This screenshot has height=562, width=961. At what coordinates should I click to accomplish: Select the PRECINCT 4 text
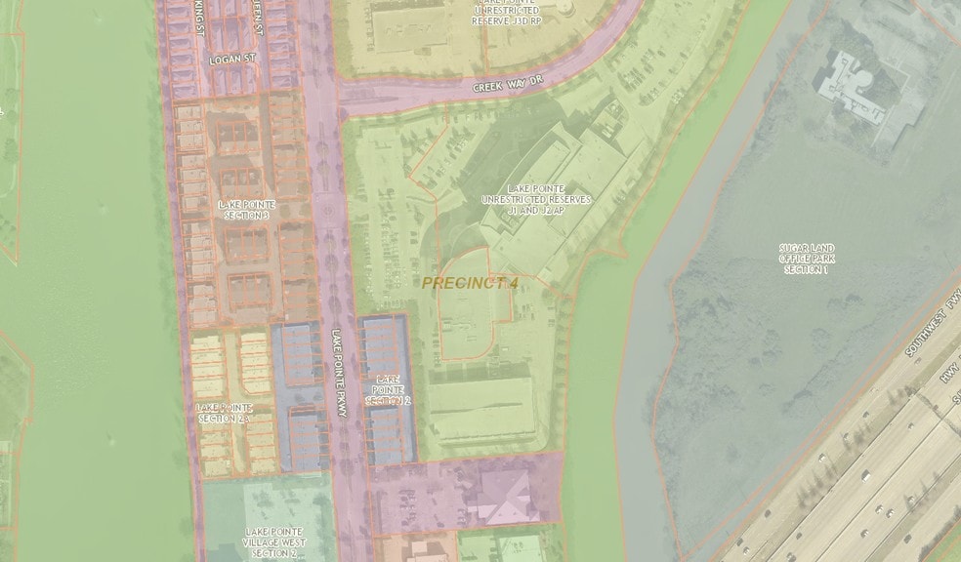pos(470,283)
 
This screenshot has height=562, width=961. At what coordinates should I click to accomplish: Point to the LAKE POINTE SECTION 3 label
pos(246,210)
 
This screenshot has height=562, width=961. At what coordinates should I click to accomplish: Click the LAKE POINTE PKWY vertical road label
pos(339,372)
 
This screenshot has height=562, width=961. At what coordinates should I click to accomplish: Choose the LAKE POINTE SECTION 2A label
pos(224,413)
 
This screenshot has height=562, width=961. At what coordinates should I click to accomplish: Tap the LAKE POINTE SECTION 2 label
pos(388,388)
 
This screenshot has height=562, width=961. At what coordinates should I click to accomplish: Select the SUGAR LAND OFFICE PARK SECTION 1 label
pos(807,259)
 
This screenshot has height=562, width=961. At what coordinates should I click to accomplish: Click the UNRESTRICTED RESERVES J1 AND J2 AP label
pos(536,198)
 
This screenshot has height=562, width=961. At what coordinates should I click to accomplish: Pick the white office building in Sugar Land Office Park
pos(860,89)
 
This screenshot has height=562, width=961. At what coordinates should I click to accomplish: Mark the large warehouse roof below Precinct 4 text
pos(482,410)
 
